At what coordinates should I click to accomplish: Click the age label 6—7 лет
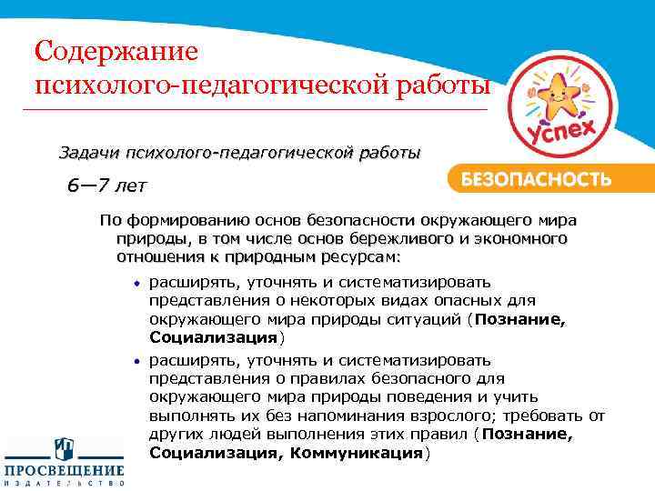coord(106,186)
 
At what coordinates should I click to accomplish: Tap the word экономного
coord(519,239)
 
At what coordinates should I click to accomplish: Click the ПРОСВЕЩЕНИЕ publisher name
coord(64,470)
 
